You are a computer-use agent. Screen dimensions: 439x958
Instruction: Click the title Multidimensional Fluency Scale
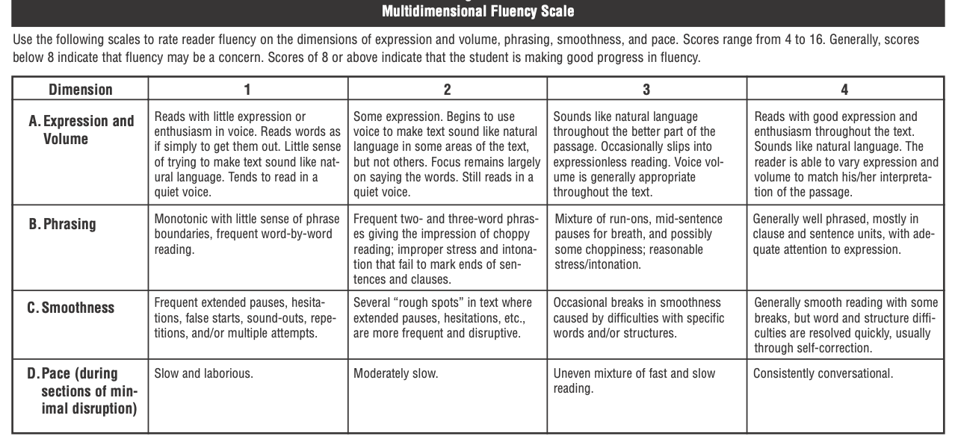click(x=478, y=12)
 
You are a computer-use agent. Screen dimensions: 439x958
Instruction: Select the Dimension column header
click(x=81, y=90)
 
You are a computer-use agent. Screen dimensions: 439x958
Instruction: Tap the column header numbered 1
click(x=247, y=90)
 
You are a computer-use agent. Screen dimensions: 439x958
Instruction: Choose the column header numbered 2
click(x=447, y=90)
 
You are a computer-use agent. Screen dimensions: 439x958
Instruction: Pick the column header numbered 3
click(x=646, y=90)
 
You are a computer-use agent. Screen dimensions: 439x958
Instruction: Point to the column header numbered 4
click(x=844, y=90)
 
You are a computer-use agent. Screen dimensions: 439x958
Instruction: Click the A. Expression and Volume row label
click(x=82, y=130)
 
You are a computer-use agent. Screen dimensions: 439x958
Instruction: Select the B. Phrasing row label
click(x=64, y=224)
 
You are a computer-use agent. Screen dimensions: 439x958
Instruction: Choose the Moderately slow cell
click(x=395, y=373)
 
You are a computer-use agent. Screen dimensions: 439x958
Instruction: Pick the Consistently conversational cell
click(x=823, y=373)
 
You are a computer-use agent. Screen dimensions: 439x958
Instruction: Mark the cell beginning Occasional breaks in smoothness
click(x=639, y=317)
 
